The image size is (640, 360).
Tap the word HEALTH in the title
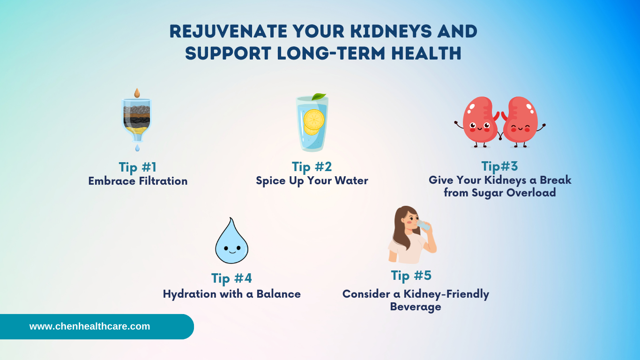[x=426, y=53]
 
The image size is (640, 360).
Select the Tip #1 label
[x=138, y=167]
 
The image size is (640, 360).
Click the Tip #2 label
[x=312, y=167]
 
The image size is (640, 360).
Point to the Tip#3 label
[x=499, y=166]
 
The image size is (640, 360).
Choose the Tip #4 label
[x=231, y=278]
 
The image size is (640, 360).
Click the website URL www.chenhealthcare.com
[x=89, y=326]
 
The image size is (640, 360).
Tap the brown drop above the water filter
[x=137, y=93]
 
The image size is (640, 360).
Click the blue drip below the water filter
[x=137, y=148]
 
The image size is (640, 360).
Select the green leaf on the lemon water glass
[x=319, y=97]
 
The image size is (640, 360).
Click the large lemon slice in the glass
[x=314, y=120]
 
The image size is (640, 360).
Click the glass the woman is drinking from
[x=424, y=225]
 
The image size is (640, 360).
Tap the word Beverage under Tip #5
[x=416, y=307]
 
